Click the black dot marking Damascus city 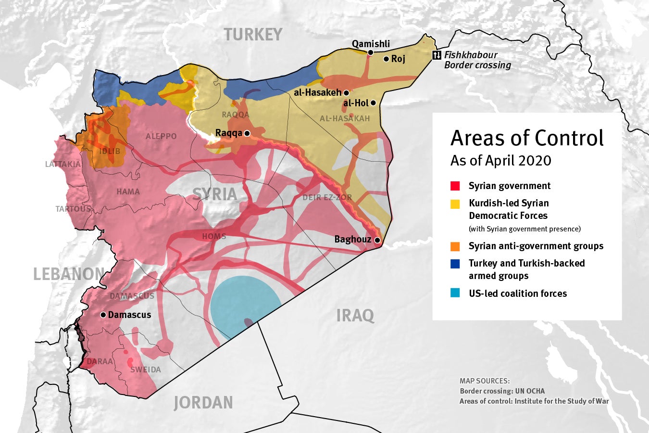pos(103,315)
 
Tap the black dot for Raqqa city pos(247,133)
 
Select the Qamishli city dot pos(371,52)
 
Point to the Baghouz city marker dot pos(378,240)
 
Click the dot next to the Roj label pos(386,59)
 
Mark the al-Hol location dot pos(373,102)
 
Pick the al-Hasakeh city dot pos(346,92)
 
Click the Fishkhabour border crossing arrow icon pos(437,55)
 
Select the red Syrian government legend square pos(455,186)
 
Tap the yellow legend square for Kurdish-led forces pos(455,204)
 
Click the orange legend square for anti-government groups pos(455,246)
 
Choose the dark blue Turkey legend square pos(455,264)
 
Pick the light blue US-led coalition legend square pos(455,293)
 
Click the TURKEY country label pos(253,35)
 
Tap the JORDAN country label pos(203,403)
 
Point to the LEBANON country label pos(69,274)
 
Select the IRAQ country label pos(355,316)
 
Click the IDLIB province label pos(110,151)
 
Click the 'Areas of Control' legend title pos(527,138)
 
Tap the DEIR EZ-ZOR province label pos(327,197)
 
